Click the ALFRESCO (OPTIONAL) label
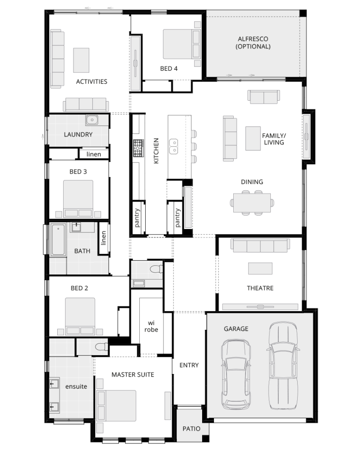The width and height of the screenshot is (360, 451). tap(253, 43)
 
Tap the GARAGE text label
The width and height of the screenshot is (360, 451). tap(236, 329)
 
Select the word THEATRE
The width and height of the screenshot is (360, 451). tap(260, 288)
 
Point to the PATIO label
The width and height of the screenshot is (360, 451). tap(192, 429)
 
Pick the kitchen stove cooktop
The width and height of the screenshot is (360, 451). tap(138, 148)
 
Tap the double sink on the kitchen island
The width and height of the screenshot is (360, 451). tap(173, 146)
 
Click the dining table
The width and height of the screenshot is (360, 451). tap(252, 203)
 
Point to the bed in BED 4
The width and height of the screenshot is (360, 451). tap(182, 44)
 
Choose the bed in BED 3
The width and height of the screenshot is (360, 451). tap(78, 199)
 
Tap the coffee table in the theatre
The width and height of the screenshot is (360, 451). tap(260, 268)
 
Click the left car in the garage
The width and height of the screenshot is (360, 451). tap(236, 374)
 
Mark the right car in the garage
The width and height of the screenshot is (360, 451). tap(283, 365)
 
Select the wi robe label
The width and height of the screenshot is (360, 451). tap(151, 326)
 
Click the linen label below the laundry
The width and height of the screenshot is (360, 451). tap(94, 154)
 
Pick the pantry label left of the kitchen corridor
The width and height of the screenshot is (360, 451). tap(137, 218)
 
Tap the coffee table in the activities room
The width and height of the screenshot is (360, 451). tap(81, 60)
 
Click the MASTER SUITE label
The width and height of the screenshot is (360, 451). tap(133, 374)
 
